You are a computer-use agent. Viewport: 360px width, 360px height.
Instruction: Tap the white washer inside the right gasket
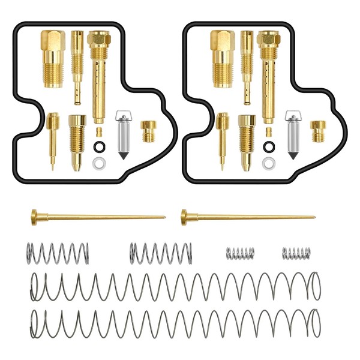click(x=269, y=162)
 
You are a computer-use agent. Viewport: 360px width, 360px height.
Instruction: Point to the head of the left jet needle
click(x=34, y=214)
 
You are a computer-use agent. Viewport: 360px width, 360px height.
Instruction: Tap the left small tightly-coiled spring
click(x=240, y=253)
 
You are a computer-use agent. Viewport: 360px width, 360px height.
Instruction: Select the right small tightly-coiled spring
click(x=296, y=253)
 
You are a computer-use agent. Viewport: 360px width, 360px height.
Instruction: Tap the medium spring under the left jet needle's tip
click(x=160, y=252)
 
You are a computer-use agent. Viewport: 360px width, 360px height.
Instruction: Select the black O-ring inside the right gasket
click(x=269, y=146)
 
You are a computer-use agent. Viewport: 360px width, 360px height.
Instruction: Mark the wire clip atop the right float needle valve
click(x=293, y=116)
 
